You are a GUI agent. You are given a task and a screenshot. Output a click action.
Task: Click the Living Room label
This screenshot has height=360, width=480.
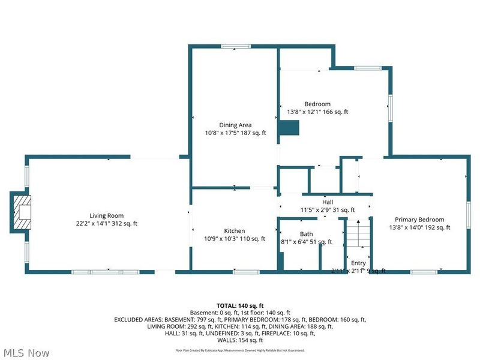tap(107, 215)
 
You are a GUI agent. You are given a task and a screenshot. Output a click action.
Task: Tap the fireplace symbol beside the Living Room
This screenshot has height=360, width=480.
tap(20, 212)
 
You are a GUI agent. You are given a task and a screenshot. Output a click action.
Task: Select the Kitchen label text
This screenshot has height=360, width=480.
tap(235, 231)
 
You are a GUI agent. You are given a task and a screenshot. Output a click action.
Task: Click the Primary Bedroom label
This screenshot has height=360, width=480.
tap(419, 220)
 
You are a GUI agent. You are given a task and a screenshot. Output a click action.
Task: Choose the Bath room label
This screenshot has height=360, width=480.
tap(306, 234)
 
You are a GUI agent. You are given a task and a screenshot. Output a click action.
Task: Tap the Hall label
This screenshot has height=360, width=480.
tap(327, 202)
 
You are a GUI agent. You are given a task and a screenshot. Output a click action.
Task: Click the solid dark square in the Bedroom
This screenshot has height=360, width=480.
tap(290, 127)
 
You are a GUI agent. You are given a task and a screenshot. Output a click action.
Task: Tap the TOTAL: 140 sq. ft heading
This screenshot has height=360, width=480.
tap(240, 305)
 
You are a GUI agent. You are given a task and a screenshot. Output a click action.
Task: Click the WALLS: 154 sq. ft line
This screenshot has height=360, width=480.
tap(240, 341)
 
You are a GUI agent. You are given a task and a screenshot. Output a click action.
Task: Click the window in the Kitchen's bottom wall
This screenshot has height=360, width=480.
tap(242, 272)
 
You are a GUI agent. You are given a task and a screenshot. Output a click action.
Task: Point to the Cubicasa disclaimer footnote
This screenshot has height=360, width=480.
tap(240, 350)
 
